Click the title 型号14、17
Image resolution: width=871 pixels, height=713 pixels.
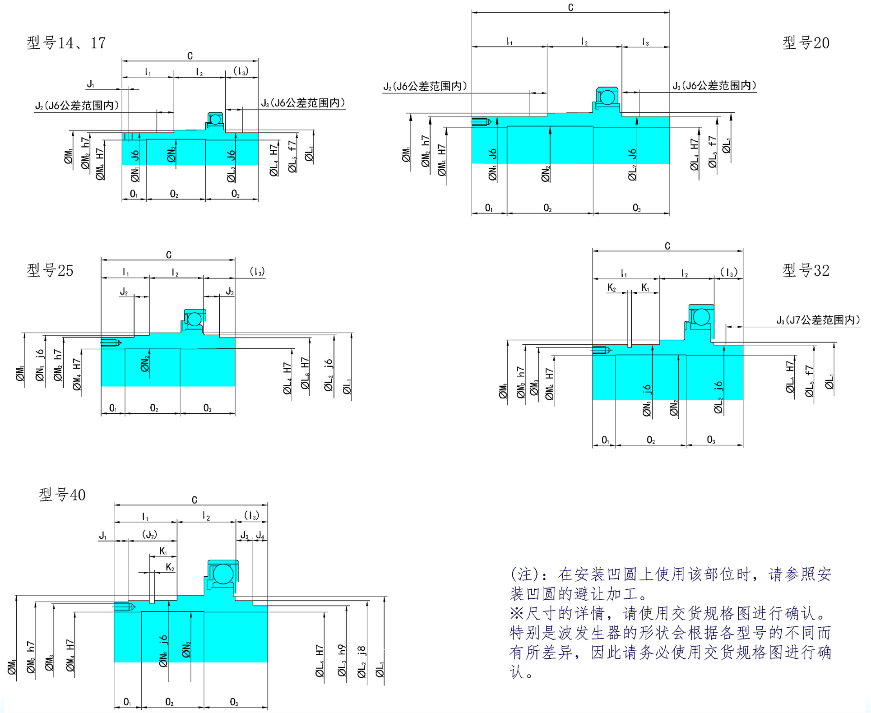(x=66, y=43)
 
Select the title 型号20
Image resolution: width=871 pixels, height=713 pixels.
(x=806, y=43)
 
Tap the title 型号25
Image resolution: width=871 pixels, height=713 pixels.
(x=50, y=270)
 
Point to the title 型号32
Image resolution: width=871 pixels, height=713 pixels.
(x=806, y=270)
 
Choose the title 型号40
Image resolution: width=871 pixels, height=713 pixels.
(x=62, y=495)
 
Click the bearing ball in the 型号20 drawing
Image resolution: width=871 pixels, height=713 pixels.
(x=607, y=97)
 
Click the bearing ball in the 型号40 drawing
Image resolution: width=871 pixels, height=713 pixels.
(x=222, y=574)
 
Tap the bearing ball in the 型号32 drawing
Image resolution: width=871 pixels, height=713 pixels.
(x=701, y=317)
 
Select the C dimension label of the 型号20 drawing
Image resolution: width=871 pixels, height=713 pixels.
(x=570, y=8)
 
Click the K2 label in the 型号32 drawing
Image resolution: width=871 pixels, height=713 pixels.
(x=612, y=288)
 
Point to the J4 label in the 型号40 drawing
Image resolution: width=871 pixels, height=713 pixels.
(x=260, y=535)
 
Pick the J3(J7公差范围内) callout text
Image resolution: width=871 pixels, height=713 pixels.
(x=818, y=320)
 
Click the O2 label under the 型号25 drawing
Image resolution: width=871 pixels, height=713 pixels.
(x=154, y=408)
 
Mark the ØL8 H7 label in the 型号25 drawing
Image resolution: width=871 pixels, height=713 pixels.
(x=306, y=373)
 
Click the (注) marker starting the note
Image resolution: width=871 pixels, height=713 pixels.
(x=524, y=574)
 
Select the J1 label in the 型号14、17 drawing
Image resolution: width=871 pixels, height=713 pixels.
(x=91, y=84)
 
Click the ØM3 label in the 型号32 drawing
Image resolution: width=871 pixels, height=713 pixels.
(x=534, y=388)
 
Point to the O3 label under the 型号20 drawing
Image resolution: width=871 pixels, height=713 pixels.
(x=636, y=208)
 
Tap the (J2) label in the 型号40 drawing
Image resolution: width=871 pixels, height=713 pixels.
(x=149, y=535)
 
